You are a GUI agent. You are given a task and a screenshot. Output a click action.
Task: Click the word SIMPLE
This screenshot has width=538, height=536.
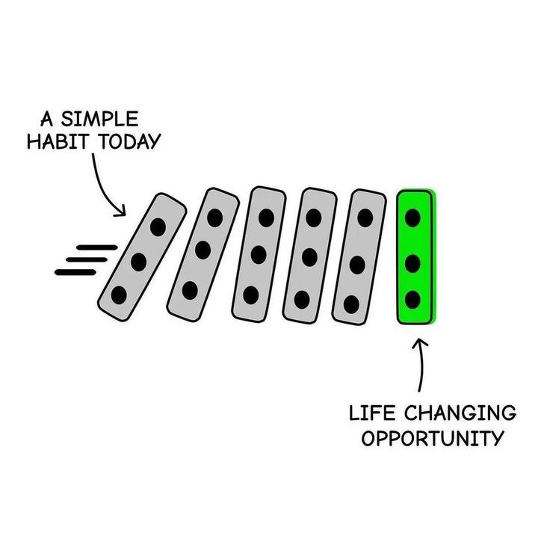(x=100, y=119)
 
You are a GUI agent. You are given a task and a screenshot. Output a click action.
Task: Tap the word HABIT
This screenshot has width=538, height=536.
(x=58, y=141)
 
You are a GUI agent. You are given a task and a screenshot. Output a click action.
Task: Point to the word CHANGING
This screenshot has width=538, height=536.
(x=460, y=413)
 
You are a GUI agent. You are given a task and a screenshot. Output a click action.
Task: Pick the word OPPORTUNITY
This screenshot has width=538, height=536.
(x=433, y=439)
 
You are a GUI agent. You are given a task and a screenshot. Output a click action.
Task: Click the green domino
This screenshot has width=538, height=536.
(x=415, y=257)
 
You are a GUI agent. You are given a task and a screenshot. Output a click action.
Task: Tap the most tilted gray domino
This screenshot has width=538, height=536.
(x=142, y=257)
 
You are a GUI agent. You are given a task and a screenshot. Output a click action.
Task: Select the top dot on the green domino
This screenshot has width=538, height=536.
(x=412, y=218)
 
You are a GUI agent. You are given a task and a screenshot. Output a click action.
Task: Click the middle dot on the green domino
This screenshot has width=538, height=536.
(x=412, y=264)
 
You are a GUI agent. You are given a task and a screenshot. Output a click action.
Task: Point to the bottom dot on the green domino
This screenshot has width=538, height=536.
(x=412, y=300)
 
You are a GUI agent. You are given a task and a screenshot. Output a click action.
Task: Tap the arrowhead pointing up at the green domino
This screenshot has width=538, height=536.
(x=420, y=343)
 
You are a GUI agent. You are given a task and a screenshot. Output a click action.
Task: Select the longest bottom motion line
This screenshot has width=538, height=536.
(x=75, y=273)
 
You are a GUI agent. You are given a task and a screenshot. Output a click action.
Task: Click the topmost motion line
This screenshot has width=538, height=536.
(x=97, y=247)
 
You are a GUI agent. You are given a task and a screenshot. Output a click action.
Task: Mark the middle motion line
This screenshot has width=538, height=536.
(x=87, y=260)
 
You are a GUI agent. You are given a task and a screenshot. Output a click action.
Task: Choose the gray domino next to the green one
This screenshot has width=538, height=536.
(x=359, y=257)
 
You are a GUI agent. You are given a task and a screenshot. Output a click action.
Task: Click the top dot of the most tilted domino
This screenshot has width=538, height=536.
(x=158, y=227)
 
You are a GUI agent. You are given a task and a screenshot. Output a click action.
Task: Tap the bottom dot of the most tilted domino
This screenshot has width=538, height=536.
(x=119, y=295)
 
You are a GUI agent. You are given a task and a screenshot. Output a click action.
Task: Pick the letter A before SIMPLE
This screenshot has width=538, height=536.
(x=46, y=119)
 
